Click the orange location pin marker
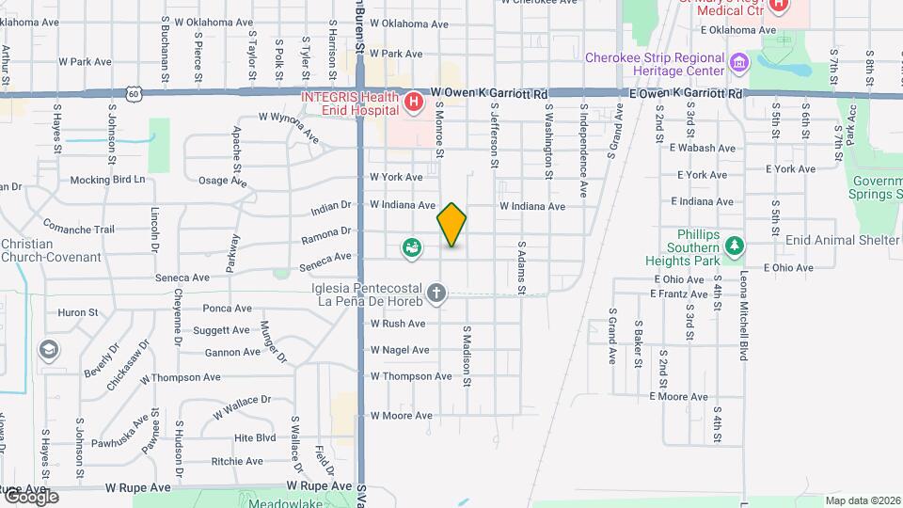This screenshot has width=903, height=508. [x=451, y=224]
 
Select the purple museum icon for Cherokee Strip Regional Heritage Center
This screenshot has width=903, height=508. [x=739, y=63]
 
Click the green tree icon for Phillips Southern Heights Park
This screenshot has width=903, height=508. [x=735, y=246]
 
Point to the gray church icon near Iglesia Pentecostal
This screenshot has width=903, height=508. [x=436, y=294]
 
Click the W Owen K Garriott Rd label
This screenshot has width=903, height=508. [x=489, y=94]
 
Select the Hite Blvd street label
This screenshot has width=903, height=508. [x=254, y=437]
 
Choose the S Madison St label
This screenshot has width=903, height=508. [x=466, y=357]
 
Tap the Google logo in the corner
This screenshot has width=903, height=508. [x=31, y=497]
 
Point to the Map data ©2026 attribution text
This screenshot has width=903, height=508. [x=862, y=500]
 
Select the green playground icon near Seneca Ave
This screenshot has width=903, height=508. [x=411, y=248]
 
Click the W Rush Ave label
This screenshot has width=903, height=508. [x=399, y=323]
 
